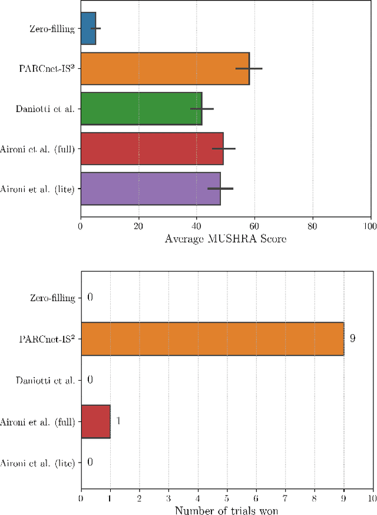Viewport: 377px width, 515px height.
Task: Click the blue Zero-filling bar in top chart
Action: tap(88, 28)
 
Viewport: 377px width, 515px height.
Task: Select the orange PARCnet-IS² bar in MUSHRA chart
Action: tap(164, 68)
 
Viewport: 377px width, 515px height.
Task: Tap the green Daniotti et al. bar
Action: tap(141, 108)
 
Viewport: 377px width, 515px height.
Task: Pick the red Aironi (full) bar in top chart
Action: tap(151, 148)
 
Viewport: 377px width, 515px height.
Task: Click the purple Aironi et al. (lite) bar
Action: tap(150, 189)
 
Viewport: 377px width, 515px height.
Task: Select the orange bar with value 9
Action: tap(212, 339)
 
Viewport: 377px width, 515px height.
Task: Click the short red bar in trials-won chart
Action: tap(95, 421)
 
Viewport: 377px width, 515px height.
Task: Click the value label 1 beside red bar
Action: tap(118, 421)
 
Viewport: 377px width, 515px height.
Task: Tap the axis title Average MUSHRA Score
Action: tap(225, 238)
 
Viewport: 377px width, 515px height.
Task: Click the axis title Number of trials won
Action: tap(226, 510)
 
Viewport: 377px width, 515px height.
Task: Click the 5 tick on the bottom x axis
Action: tap(227, 498)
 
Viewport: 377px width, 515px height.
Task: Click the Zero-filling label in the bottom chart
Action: tap(52, 298)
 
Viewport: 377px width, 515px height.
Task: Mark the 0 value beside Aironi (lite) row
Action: tap(90, 463)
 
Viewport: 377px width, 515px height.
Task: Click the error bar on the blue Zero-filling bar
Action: tap(95, 28)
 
